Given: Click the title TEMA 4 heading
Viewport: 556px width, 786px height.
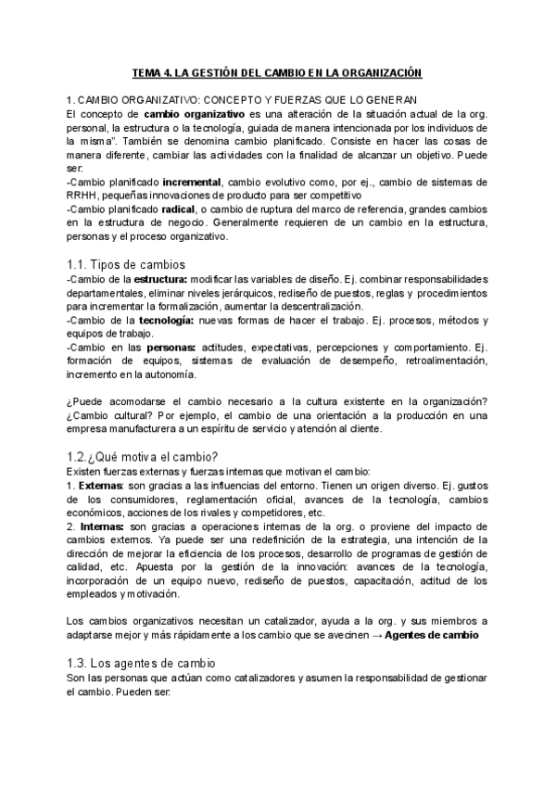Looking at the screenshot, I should point(278,71).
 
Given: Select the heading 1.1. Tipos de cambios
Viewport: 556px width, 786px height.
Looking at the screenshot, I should point(126,264).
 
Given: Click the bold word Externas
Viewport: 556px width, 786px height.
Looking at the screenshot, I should point(98,486).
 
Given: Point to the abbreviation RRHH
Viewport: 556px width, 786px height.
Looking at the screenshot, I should point(82,196).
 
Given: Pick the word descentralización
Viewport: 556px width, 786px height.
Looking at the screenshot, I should point(308,307).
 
